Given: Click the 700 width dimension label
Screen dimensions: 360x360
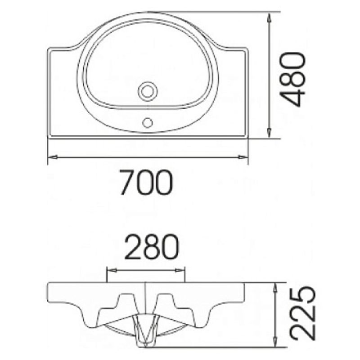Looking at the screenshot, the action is (x=146, y=182).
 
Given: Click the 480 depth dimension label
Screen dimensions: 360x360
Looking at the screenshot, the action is (x=292, y=80).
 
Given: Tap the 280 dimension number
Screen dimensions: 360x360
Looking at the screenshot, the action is (x=151, y=246).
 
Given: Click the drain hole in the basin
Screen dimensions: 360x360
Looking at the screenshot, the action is (x=148, y=91).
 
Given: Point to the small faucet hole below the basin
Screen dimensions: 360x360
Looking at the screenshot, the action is (x=148, y=122).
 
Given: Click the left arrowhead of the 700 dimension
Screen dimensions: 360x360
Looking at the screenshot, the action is (x=52, y=157).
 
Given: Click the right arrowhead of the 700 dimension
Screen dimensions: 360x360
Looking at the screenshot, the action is (x=243, y=157).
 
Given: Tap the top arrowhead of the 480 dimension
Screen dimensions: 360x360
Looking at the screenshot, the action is (x=269, y=18).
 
